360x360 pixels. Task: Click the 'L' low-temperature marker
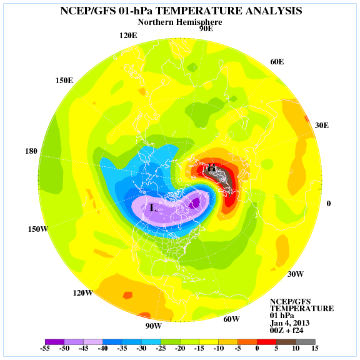[x=153, y=207]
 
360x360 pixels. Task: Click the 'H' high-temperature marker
[x=211, y=167]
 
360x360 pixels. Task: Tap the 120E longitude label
[x=128, y=36]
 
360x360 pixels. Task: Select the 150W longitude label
[x=38, y=229]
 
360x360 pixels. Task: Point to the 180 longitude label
[x=31, y=151]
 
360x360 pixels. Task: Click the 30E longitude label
[x=322, y=126]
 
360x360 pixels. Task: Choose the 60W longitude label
[x=231, y=319]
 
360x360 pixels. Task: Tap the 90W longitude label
[x=153, y=326]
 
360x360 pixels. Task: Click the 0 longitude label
[x=329, y=203]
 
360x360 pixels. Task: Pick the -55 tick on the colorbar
[x=45, y=348]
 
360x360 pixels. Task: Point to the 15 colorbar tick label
[x=315, y=348]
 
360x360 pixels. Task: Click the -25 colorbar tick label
[x=161, y=348]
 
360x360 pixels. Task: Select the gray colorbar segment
[x=306, y=342]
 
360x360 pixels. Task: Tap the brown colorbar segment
[x=286, y=342]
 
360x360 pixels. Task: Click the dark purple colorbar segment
[x=54, y=342]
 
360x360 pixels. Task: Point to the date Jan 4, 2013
[x=289, y=323]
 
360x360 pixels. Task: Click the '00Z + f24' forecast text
[x=286, y=331]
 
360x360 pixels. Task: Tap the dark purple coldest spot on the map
[x=195, y=202]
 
